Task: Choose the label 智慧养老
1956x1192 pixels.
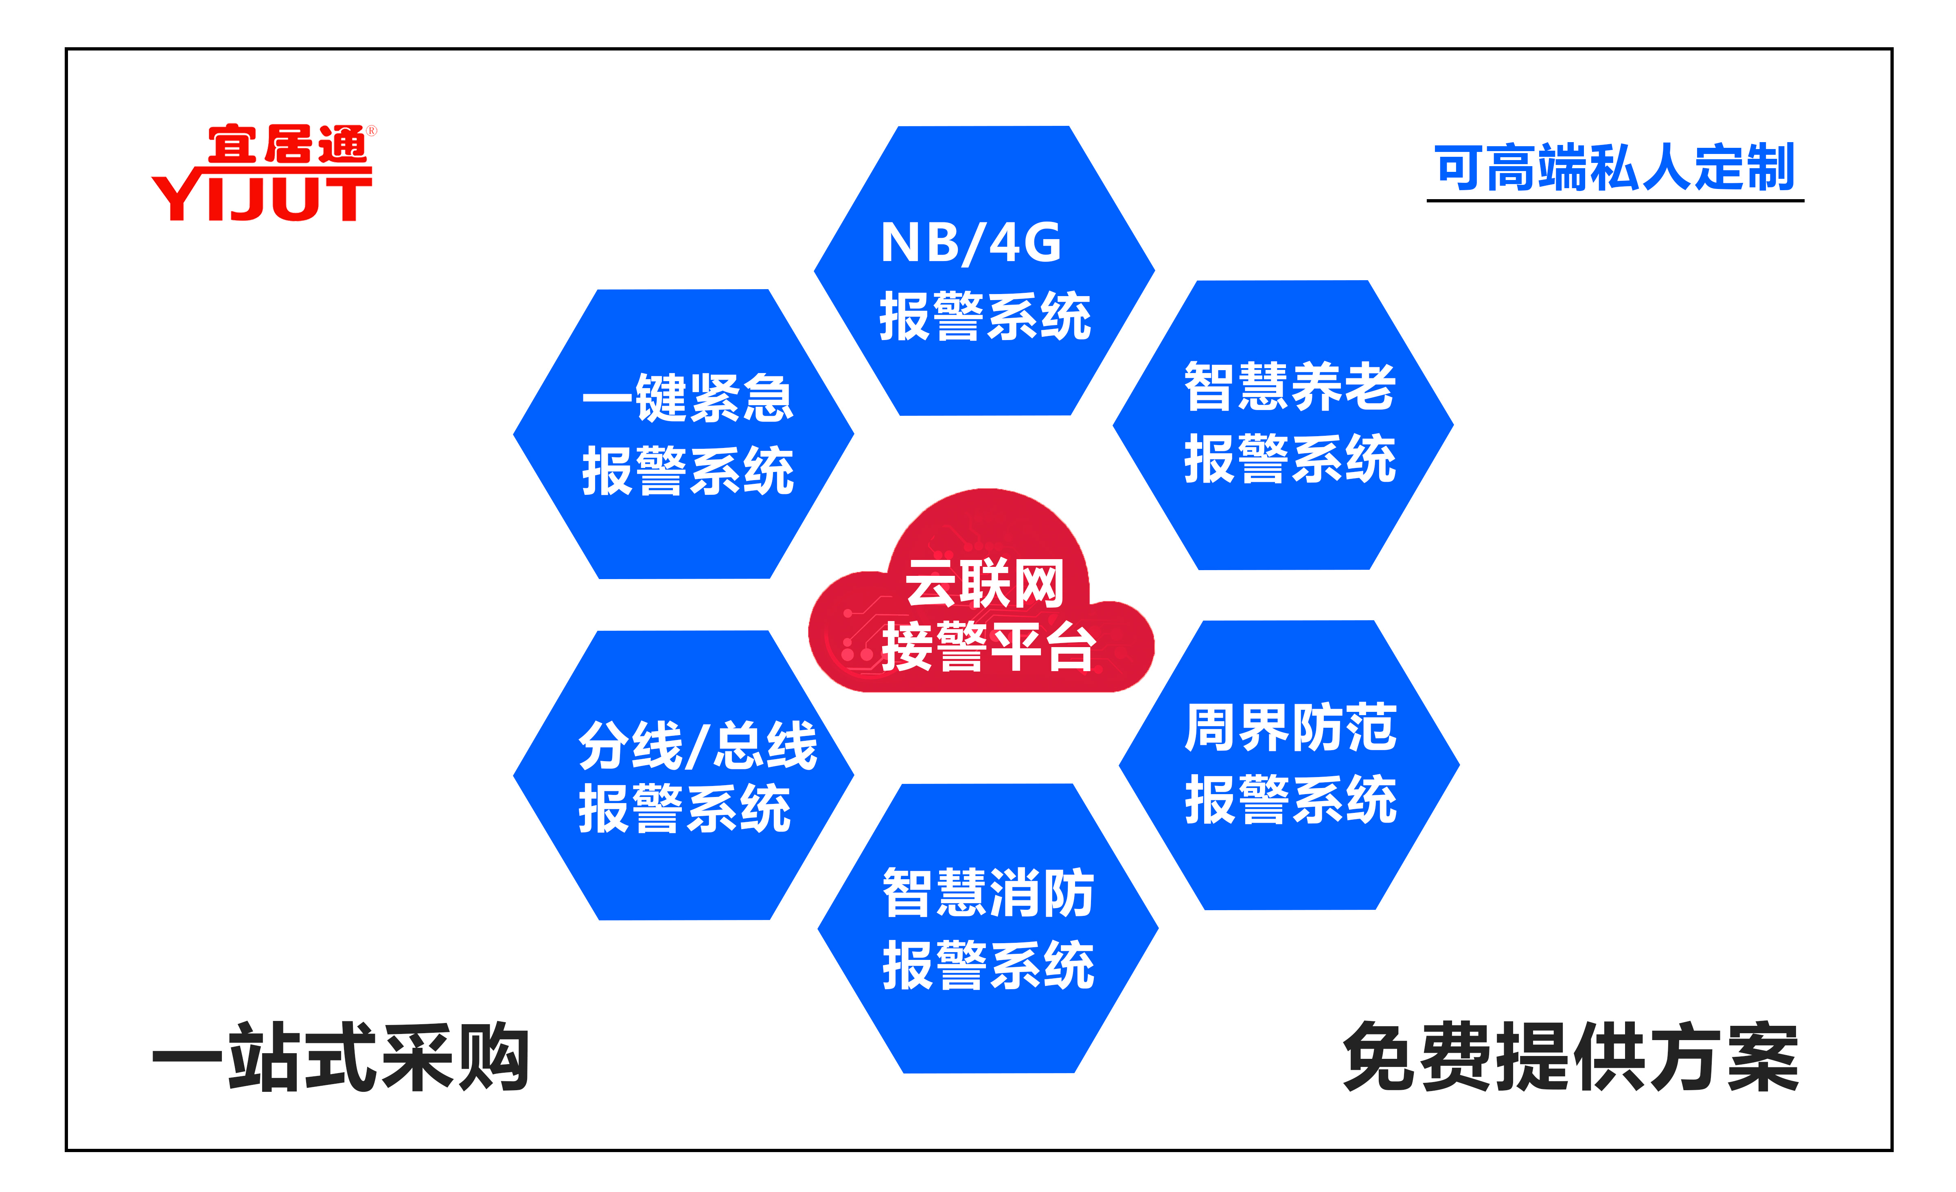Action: point(1290,387)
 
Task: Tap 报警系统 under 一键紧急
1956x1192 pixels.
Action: point(688,470)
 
